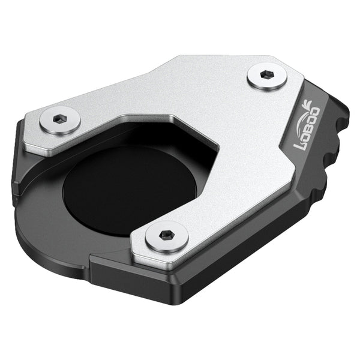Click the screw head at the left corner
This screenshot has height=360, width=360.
point(60,121)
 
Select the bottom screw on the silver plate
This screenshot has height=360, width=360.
point(167,235)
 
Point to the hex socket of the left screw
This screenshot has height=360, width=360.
point(59,119)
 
